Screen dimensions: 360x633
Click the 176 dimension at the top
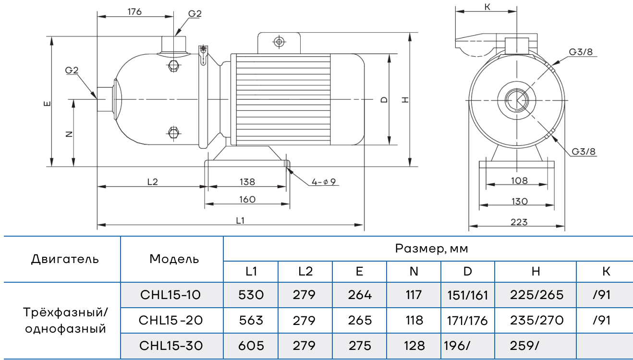point(135,12)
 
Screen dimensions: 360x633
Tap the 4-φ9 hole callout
point(325,182)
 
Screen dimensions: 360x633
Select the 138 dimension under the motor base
point(247,182)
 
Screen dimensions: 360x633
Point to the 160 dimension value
point(247,199)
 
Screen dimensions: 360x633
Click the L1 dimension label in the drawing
point(241,220)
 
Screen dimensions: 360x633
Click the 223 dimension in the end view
point(519,222)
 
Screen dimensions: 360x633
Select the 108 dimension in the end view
point(519,180)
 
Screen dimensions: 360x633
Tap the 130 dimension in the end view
point(519,201)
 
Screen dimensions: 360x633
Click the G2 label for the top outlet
point(195,14)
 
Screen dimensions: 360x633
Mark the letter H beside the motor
point(405,100)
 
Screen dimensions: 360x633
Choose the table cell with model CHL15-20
point(171,320)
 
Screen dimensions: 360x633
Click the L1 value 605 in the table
point(251,346)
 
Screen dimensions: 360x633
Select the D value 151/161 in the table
point(467,295)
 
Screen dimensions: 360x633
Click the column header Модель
point(174,259)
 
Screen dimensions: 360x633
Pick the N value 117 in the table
point(414,295)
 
